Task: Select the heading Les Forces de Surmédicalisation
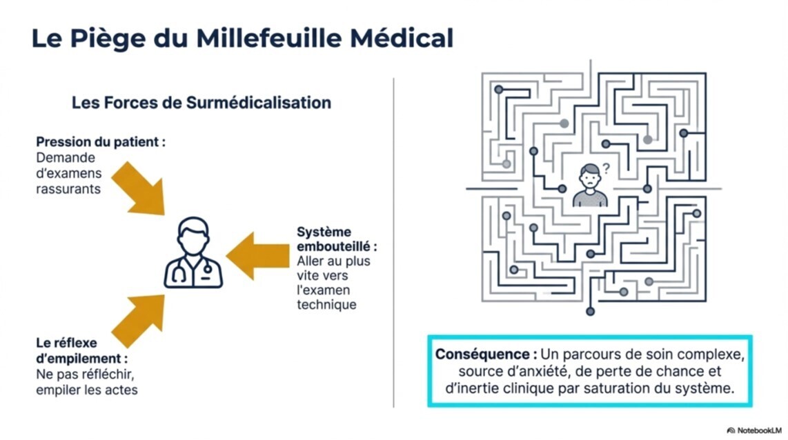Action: (x=201, y=103)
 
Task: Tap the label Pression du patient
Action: (x=101, y=143)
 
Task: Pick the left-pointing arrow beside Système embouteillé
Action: (x=257, y=256)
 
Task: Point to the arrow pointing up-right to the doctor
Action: (x=140, y=320)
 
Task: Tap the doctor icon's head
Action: (x=193, y=235)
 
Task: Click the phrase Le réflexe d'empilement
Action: (x=81, y=350)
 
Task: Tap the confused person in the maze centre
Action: (x=590, y=186)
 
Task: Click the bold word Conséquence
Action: (x=486, y=354)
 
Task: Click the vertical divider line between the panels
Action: (x=394, y=241)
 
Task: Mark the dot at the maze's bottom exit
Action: (x=590, y=311)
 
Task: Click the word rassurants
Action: (x=68, y=188)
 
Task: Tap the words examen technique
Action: (x=326, y=297)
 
